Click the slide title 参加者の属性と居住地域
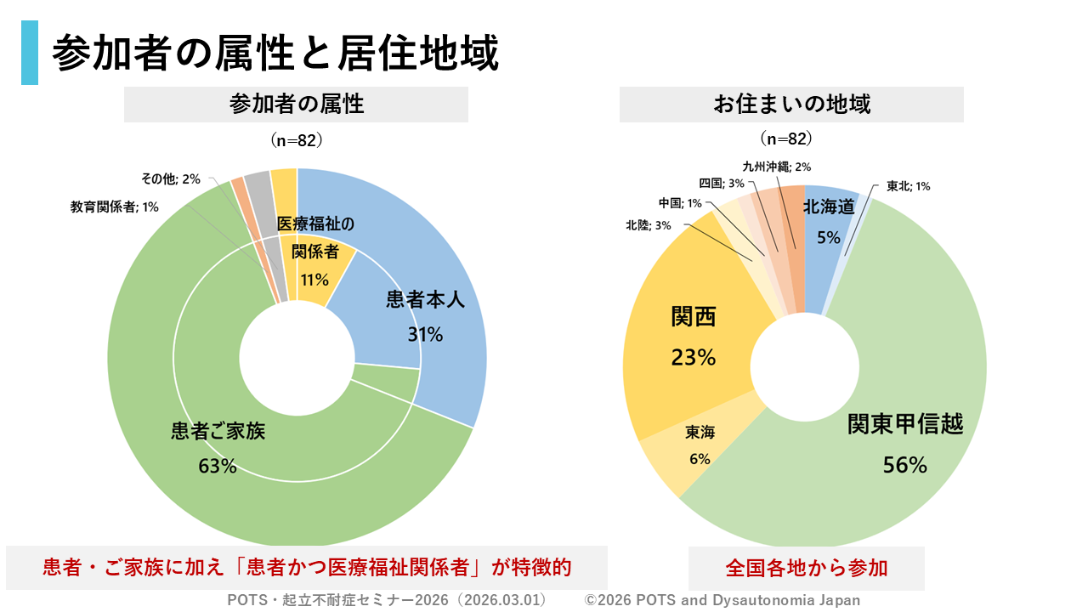pos(275,53)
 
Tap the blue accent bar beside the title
pos(30,53)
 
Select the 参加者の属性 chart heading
pos(296,105)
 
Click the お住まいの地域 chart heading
pos(791,105)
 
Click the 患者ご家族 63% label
pos(218,447)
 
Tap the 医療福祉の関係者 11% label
pos(314,252)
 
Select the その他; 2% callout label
pos(171,178)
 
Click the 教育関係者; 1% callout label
pos(114,207)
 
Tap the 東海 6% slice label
pos(700,445)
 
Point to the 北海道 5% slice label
pos(828,221)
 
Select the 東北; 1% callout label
pos(908,186)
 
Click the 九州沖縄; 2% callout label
pos(776,167)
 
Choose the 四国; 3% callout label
pos(722,183)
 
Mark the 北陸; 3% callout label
pos(649,225)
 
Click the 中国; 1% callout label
pos(680,203)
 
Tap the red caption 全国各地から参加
pos(806,568)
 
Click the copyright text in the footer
pos(722,600)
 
